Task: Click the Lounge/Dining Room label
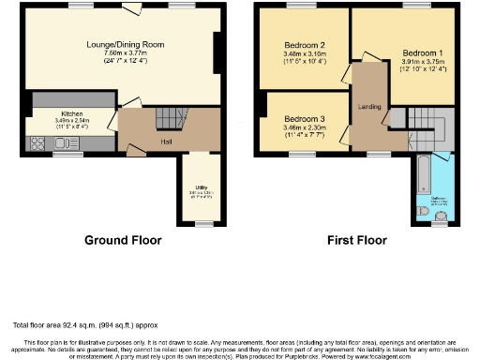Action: [x=127, y=45]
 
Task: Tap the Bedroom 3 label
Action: [x=304, y=119]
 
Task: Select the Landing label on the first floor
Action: [x=369, y=107]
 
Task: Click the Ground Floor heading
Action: [x=123, y=241]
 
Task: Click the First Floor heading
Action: [x=357, y=241]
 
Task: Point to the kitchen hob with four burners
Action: [x=38, y=143]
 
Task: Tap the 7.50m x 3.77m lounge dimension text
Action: [x=127, y=53]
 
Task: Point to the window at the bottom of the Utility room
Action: [x=201, y=223]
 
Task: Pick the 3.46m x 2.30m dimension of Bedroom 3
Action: [x=304, y=127]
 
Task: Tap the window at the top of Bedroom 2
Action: [x=300, y=7]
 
